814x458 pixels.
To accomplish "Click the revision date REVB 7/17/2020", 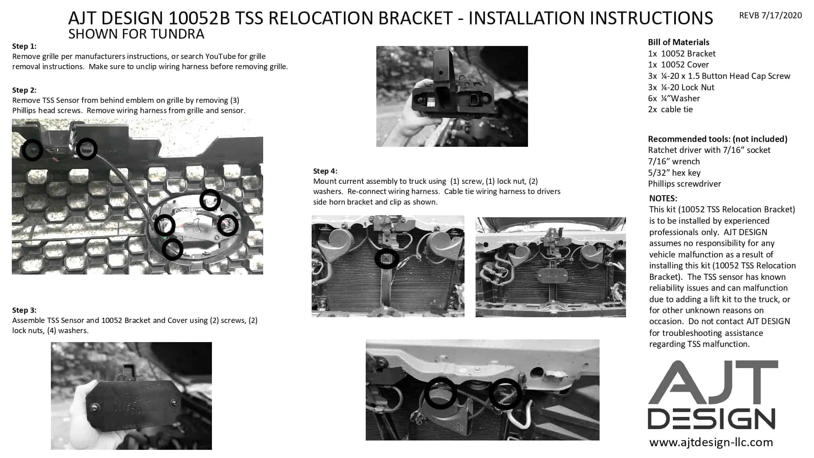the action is [770, 15].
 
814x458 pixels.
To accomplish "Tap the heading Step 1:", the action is [24, 46].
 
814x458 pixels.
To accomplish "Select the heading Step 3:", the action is [24, 310].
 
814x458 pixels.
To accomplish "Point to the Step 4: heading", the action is [325, 171].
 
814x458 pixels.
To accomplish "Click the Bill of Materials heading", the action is [679, 42].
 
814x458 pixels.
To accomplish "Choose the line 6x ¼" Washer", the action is [674, 98].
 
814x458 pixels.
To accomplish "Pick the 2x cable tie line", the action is [670, 109].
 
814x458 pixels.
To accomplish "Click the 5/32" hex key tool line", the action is [674, 173].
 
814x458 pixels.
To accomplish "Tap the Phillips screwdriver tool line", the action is [685, 184].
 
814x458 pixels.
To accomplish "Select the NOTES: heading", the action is [663, 198].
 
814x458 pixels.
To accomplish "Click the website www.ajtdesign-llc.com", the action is [711, 443].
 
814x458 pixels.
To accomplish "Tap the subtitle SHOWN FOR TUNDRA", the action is [136, 34].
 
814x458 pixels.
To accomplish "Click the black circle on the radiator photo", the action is [386, 259].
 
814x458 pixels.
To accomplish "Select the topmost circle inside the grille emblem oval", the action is [210, 200].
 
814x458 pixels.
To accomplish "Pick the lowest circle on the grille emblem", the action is [172, 249].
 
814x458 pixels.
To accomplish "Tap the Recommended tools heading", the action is [718, 139].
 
